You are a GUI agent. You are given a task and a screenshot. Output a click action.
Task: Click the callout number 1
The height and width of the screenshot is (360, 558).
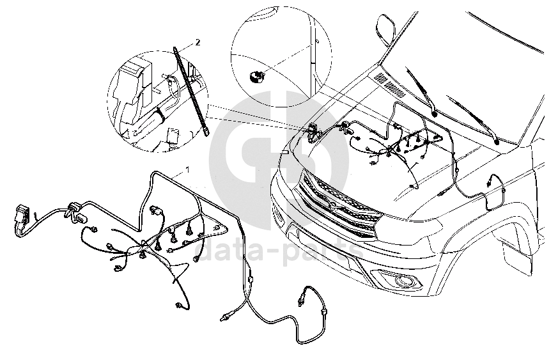pyautogui.click(x=187, y=169)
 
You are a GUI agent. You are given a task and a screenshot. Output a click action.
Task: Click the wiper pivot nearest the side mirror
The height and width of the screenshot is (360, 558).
pyautogui.click(x=435, y=113)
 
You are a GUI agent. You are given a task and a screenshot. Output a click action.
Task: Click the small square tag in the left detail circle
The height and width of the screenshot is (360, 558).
pyautogui.click(x=172, y=136)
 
